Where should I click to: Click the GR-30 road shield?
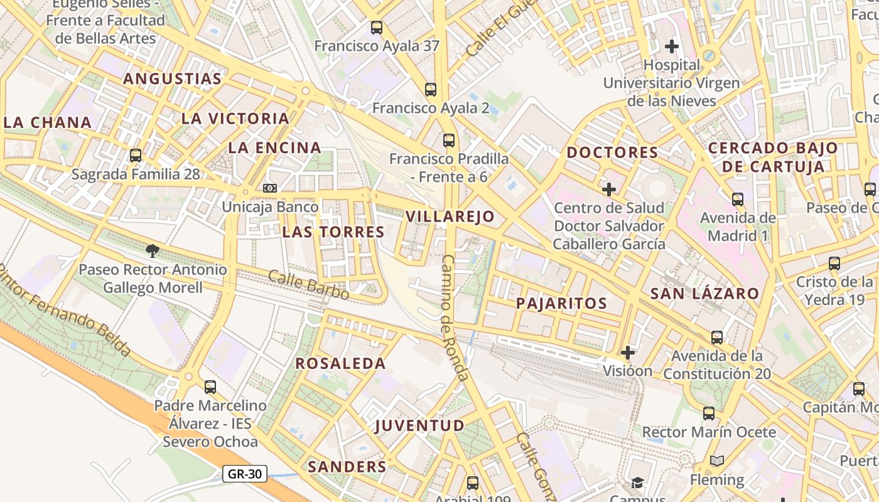tap(245, 474)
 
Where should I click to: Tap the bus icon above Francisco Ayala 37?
tap(377, 27)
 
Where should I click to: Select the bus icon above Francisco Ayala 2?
tap(431, 89)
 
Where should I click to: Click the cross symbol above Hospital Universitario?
tap(672, 46)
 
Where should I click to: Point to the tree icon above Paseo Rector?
tap(152, 251)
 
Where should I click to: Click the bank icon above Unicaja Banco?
tap(270, 188)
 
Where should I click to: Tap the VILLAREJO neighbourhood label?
tap(450, 217)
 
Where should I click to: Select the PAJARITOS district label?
tap(561, 304)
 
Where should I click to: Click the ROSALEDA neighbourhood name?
tap(340, 363)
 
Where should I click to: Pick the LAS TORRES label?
tap(333, 232)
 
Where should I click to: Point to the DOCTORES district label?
tap(612, 152)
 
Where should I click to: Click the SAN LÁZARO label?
tap(704, 294)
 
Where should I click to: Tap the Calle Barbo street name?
tap(308, 284)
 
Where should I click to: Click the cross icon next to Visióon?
tap(628, 353)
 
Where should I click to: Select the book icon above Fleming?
tap(716, 461)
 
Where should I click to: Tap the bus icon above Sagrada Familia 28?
tap(136, 155)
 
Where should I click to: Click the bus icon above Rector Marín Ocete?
tap(709, 414)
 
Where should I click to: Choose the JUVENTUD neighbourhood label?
tap(419, 426)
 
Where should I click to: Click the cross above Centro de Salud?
tap(608, 189)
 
